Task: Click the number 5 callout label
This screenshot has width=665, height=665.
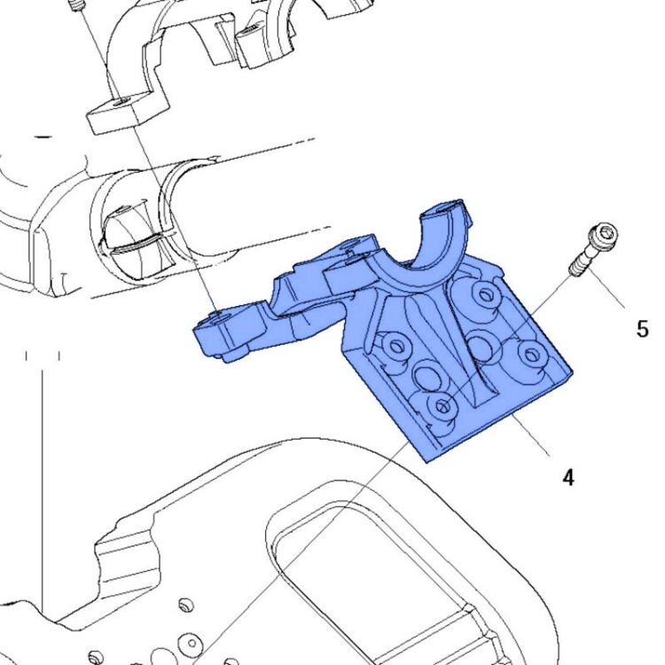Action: [x=643, y=329]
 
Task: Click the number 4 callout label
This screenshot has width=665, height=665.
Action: [x=568, y=477]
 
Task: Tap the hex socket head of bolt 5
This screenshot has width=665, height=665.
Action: [x=604, y=234]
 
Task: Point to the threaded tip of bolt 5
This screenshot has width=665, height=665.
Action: [x=575, y=270]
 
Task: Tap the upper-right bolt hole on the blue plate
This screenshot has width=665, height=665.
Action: [x=485, y=293]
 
